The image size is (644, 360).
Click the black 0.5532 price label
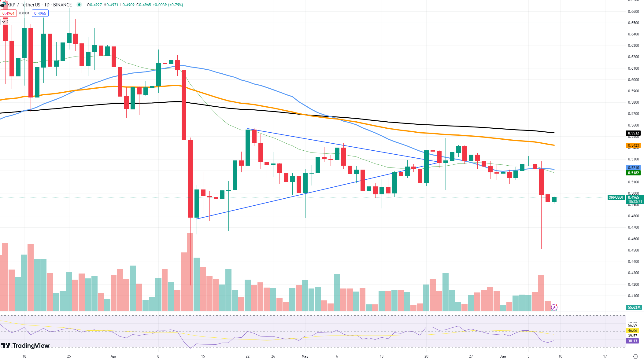[x=633, y=133]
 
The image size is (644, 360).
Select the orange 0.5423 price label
[x=633, y=145]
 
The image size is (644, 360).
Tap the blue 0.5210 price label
[x=633, y=168]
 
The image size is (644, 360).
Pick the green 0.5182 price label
[x=633, y=173]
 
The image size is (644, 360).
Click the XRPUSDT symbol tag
[x=616, y=197]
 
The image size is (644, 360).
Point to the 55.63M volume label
[x=634, y=307]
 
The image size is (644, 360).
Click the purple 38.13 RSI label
[x=632, y=341]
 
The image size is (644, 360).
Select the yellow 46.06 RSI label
[x=632, y=331]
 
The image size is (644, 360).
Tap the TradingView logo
[x=26, y=346]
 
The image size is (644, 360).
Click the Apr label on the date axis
[x=114, y=356]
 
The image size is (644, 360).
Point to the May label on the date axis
[x=305, y=356]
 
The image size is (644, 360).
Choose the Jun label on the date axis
[x=503, y=356]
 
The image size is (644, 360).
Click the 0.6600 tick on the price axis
[x=633, y=12]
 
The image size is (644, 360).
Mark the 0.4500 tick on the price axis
[x=633, y=250]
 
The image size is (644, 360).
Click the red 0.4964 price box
[x=8, y=13]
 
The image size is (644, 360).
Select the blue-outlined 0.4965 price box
[x=40, y=13]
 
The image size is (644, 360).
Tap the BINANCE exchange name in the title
[x=62, y=5]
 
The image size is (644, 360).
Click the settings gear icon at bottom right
[x=635, y=356]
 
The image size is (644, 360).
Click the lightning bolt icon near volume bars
[x=554, y=307]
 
